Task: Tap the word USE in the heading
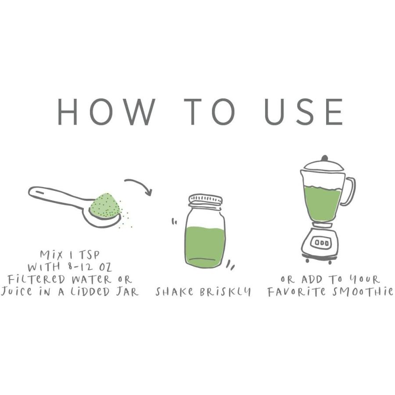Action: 304,112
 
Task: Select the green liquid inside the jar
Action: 205,246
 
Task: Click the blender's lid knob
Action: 325,158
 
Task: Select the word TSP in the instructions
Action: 90,255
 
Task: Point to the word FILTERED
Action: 36,280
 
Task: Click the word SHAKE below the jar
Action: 175,292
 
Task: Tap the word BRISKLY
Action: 226,292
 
